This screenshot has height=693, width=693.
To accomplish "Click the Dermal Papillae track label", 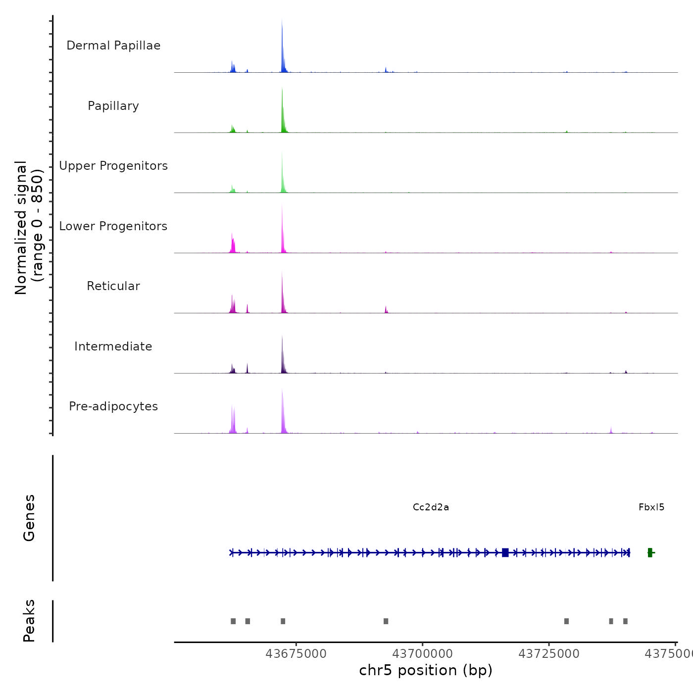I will [113, 46].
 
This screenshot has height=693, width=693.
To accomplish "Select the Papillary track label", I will [113, 106].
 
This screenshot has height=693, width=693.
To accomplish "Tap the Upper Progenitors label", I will [113, 166].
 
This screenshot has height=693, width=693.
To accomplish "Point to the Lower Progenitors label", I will [113, 226].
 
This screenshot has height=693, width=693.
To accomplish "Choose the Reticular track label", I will [113, 286].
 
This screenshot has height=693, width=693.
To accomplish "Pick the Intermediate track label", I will [113, 346].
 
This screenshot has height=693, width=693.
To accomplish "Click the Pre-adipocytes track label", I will [113, 406].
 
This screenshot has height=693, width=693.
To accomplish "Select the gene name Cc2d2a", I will [431, 507].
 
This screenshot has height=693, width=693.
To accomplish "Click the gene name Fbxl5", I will [651, 507].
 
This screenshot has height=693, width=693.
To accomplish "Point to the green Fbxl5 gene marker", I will [650, 552].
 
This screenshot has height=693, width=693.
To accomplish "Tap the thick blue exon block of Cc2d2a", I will [505, 552].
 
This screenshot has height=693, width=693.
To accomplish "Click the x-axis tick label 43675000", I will [296, 654].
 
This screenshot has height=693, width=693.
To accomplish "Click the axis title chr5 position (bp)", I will [426, 670].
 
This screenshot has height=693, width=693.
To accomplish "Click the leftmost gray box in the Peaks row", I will [233, 621].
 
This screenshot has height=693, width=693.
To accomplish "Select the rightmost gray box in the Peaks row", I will [625, 621].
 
